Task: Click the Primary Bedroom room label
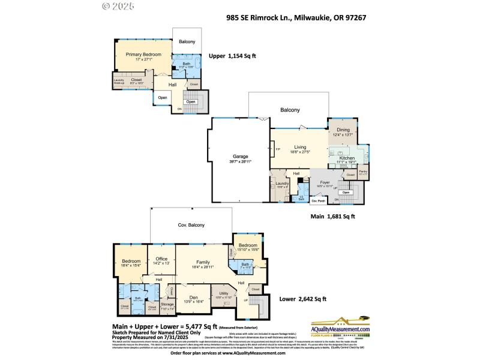tap(143, 55)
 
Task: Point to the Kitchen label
tap(347, 157)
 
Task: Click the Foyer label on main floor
tap(325, 182)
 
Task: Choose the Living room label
tap(300, 147)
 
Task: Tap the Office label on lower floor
tap(161, 259)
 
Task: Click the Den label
tap(193, 297)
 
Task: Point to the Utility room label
tap(223, 293)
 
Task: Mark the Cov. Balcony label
tap(191, 225)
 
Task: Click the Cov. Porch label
tap(318, 200)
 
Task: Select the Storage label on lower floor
tap(167, 304)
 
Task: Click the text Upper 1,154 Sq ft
tap(232, 56)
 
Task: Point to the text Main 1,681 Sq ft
tap(333, 216)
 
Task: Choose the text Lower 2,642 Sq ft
tap(303, 299)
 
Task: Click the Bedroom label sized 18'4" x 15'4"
tap(131, 262)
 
